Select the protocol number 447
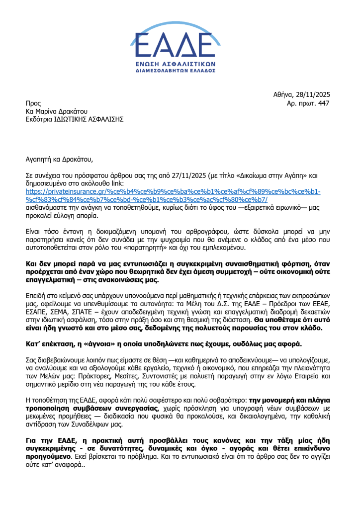click(x=323, y=103)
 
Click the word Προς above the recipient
click(x=33, y=103)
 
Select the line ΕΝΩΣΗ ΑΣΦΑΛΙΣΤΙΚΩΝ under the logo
click(x=180, y=64)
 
